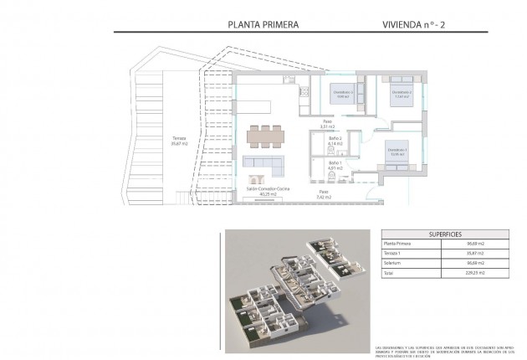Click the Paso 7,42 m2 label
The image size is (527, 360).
click(x=323, y=196)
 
